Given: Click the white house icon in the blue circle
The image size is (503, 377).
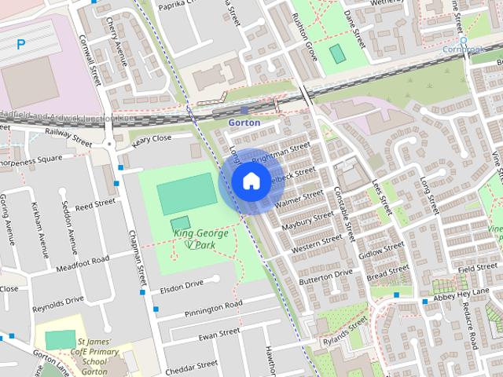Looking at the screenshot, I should tap(250, 181).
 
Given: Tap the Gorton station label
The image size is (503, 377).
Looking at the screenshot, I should tap(244, 123).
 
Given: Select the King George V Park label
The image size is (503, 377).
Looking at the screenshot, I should tap(200, 239).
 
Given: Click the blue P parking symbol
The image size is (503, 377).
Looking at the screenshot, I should tap(20, 45).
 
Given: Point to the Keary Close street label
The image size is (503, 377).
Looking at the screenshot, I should tap(152, 139).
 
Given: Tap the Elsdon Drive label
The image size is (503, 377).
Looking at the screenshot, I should tap(182, 284).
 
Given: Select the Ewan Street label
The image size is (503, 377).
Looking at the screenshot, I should tap(218, 335).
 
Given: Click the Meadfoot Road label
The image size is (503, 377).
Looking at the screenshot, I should tap(83, 265).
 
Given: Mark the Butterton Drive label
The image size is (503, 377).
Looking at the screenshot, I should tap(326, 276).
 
